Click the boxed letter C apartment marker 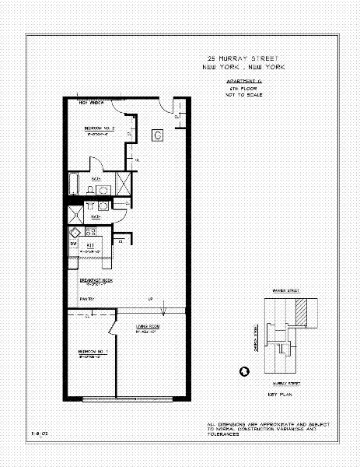pyautogui.click(x=157, y=135)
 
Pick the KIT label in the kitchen pyautogui.click(x=90, y=244)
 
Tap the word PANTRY pyautogui.click(x=86, y=299)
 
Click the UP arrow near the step pyautogui.click(x=151, y=300)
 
